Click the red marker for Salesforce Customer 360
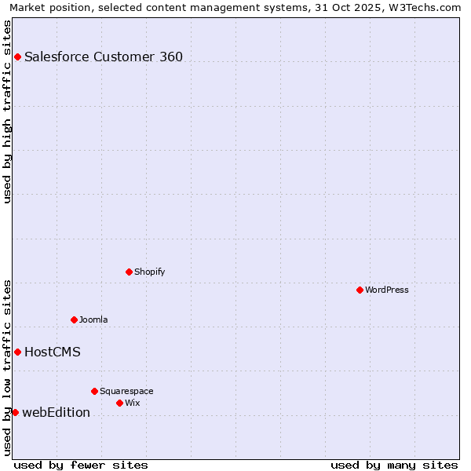17,57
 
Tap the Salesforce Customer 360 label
104,57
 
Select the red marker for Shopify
129,272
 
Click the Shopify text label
149,272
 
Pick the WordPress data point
360,290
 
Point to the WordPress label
386,290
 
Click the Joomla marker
74,319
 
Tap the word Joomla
93,319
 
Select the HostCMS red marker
17,352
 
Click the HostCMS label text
53,352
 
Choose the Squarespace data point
94,391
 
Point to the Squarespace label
126,391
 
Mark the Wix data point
119,403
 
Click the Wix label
132,403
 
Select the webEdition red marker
15,412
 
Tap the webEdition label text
56,412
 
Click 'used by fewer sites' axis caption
81,465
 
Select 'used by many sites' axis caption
394,465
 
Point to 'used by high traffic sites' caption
7,111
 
